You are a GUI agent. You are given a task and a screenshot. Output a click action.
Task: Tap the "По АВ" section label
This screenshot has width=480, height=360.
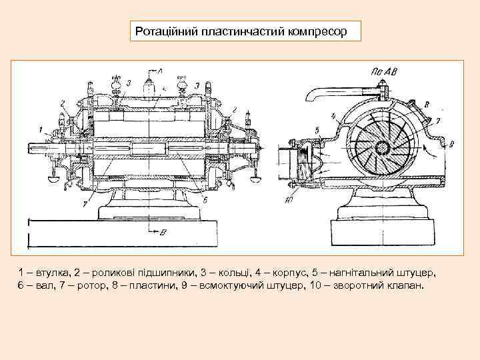click(x=379, y=71)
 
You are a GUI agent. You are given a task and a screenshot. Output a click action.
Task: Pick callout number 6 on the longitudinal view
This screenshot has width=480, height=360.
click(x=205, y=199)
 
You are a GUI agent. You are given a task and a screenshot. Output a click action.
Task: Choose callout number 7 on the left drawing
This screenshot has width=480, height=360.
click(x=84, y=204)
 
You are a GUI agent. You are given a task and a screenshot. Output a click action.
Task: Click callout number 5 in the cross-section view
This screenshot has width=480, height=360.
click(x=317, y=129)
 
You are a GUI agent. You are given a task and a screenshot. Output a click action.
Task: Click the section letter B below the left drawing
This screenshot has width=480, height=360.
click(x=162, y=232)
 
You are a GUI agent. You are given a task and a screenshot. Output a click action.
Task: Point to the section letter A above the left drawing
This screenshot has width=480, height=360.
click(x=159, y=71)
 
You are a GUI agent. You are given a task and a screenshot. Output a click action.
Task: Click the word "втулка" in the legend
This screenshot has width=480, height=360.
click(x=54, y=273)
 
